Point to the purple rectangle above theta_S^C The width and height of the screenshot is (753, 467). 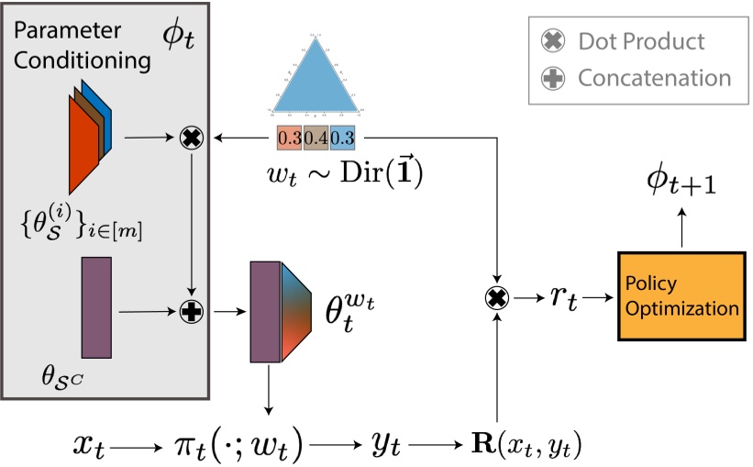click(x=96, y=306)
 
